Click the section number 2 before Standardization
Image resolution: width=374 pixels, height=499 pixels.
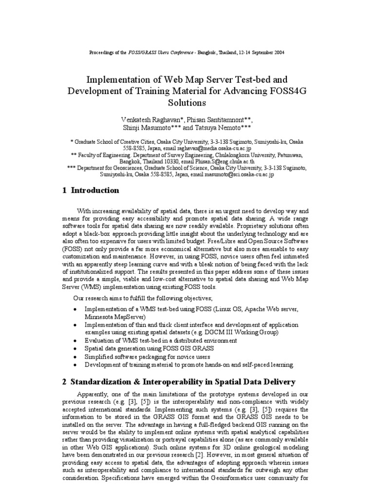pyautogui.click(x=64, y=382)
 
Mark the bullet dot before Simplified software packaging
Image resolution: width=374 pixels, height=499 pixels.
pyautogui.click(x=74, y=357)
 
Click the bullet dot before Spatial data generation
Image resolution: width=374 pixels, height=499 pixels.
pyautogui.click(x=74, y=349)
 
